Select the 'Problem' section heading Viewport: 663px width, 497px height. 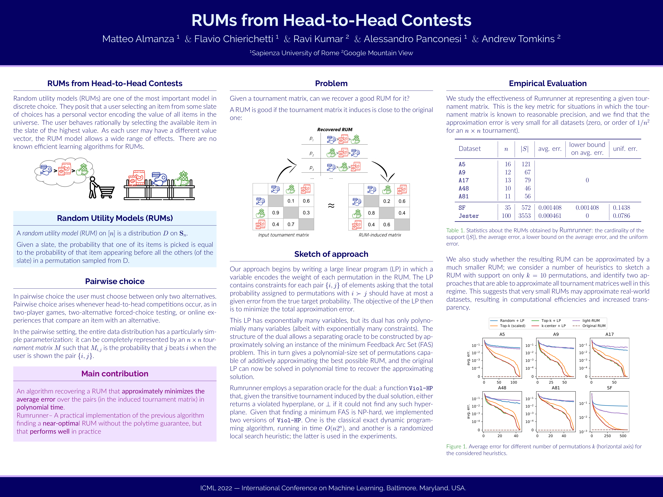tap(331, 83)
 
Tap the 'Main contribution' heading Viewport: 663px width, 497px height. tap(115, 374)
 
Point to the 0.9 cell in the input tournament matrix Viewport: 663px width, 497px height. tap(275, 213)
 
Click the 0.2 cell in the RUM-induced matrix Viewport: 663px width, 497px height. tap(387, 201)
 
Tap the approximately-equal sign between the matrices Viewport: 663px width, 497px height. tap(331, 206)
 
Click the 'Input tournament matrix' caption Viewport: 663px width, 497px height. tap(283, 235)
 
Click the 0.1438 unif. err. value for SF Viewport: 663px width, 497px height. tap(621, 208)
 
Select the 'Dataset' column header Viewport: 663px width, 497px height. tap(469, 149)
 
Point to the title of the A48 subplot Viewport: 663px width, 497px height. tap(502, 388)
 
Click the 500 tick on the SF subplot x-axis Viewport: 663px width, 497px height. tap(623, 436)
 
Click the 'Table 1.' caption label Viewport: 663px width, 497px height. tap(455, 230)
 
